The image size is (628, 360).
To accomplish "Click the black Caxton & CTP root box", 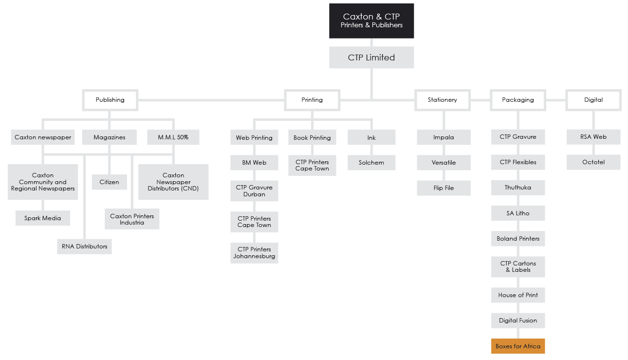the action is pyautogui.click(x=371, y=21).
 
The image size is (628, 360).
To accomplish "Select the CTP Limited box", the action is pyautogui.click(x=371, y=57).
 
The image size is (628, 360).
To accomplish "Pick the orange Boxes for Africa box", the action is pyautogui.click(x=518, y=346).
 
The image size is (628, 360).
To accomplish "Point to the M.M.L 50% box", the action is pyautogui.click(x=173, y=137).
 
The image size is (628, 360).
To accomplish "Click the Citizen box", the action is pyautogui.click(x=110, y=182).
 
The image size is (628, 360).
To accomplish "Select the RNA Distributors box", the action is pyautogui.click(x=84, y=246).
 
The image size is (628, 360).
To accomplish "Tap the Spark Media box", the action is pyautogui.click(x=43, y=218).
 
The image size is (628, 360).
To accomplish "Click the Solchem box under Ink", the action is pyautogui.click(x=371, y=163).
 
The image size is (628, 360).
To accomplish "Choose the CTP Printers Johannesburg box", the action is pyautogui.click(x=254, y=253).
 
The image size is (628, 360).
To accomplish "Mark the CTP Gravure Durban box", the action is pyautogui.click(x=254, y=191).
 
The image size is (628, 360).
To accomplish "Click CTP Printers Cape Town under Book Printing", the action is pyautogui.click(x=312, y=165).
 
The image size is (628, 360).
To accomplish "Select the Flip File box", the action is pyautogui.click(x=443, y=188).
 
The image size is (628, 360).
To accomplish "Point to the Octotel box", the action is pyautogui.click(x=593, y=162).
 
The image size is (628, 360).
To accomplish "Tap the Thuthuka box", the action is pyautogui.click(x=518, y=188).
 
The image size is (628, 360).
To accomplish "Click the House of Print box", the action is pyautogui.click(x=518, y=295).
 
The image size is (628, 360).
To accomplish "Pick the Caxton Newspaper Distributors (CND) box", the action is pyautogui.click(x=173, y=182).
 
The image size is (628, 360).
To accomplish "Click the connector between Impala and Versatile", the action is pyautogui.click(x=443, y=150).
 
